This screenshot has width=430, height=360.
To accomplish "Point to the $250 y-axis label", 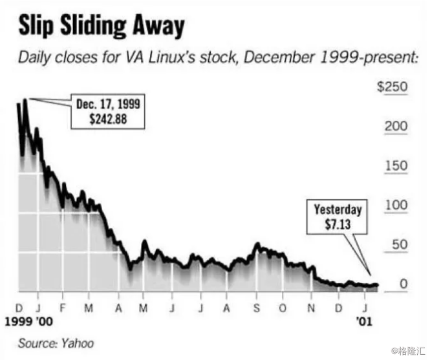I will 393,87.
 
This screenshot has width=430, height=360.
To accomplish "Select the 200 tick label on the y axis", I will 396,127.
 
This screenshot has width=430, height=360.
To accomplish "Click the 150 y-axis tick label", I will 396,166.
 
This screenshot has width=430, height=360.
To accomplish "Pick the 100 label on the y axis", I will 396,206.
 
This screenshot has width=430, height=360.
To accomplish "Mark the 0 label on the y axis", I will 403,284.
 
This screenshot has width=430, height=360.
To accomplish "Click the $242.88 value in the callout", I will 107,118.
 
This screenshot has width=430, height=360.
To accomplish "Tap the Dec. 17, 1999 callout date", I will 107,105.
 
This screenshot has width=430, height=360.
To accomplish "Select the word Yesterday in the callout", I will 338,210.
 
